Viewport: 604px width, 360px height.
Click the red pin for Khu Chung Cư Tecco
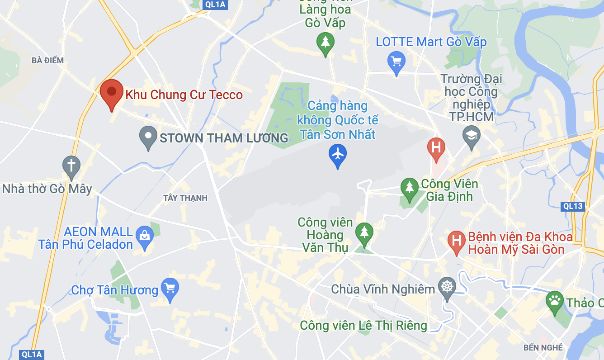(112, 92)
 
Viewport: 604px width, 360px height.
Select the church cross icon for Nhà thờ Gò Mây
(71, 166)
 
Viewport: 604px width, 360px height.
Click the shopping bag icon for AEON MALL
(145, 236)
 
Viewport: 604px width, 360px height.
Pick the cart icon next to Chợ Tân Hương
(170, 288)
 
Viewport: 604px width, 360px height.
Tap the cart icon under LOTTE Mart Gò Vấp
(396, 61)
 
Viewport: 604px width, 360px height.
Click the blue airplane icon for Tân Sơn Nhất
(337, 154)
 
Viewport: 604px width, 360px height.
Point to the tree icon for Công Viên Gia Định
(410, 187)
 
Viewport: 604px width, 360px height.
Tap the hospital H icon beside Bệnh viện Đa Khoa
(457, 240)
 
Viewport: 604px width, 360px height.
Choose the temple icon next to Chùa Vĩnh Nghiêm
(447, 287)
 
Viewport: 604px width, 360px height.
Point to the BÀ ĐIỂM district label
(47, 60)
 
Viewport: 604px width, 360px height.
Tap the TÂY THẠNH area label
(185, 198)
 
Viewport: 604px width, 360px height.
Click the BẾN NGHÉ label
(543, 347)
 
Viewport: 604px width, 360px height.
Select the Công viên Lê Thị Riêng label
(363, 325)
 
